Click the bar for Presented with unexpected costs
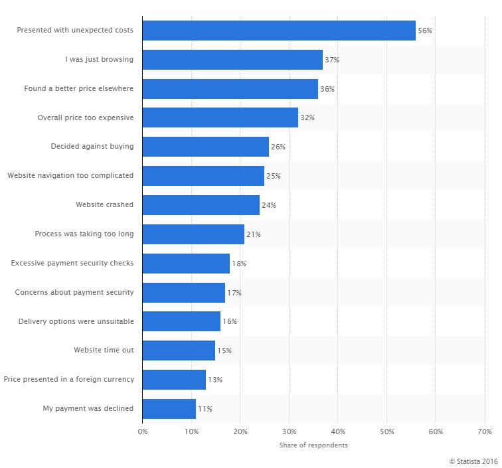279,31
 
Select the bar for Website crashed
201,205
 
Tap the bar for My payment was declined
169,408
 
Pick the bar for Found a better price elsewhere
230,89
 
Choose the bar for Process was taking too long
193,234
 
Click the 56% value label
425,31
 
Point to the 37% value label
332,60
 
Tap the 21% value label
254,234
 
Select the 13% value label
214,380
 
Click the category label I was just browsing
99,59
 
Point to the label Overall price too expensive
86,117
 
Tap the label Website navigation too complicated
70,175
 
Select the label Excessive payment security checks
72,263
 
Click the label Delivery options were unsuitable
76,321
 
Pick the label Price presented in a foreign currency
69,379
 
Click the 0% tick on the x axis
143,432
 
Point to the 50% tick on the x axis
386,432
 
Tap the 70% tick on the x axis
484,432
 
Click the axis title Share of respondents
313,445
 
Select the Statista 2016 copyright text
473,461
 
